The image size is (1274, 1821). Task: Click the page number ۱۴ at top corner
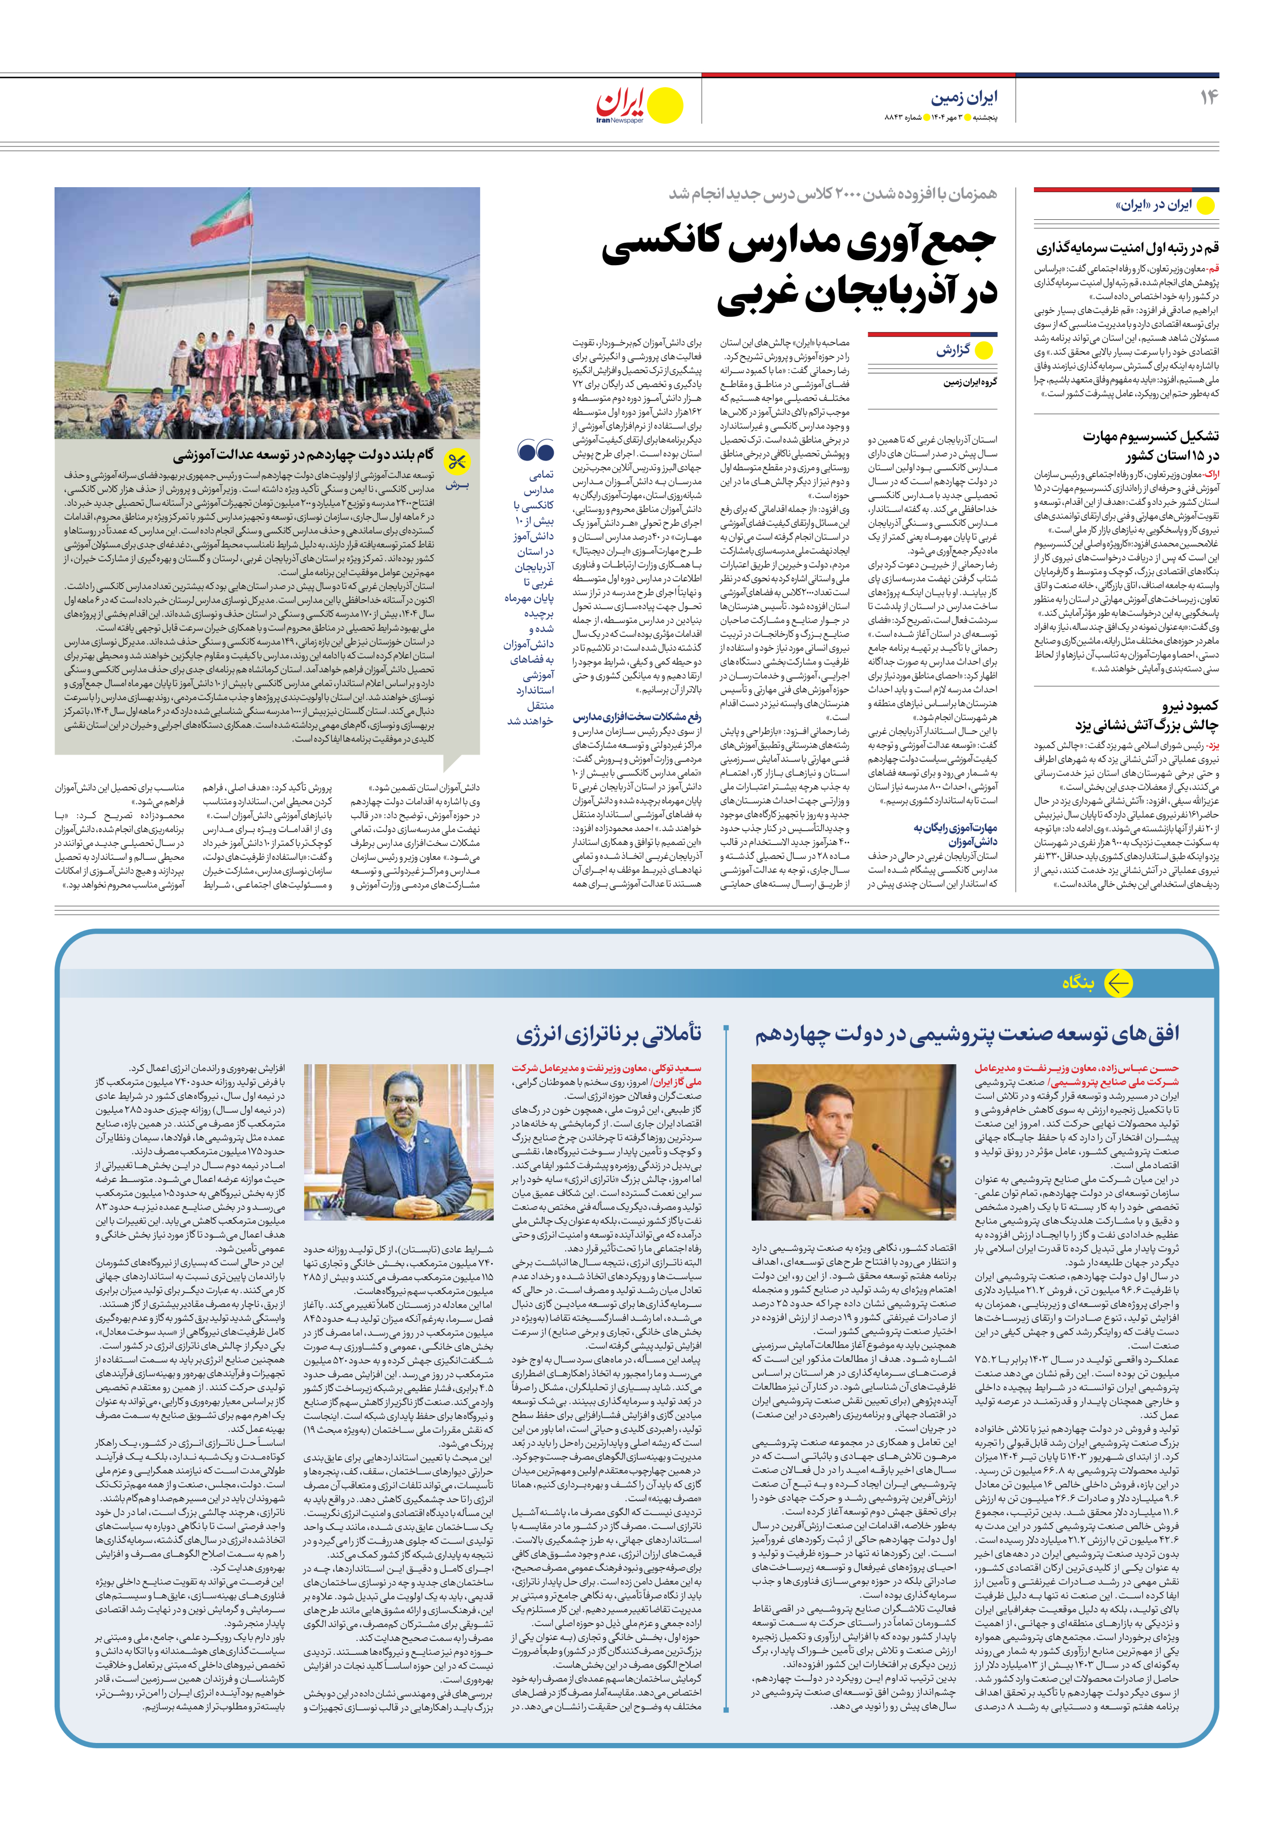click(1208, 97)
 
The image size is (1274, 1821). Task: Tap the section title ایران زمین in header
click(964, 97)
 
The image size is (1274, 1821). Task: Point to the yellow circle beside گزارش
click(984, 350)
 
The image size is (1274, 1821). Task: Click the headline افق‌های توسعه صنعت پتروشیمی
click(966, 1034)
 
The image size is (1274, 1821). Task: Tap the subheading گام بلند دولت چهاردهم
click(304, 455)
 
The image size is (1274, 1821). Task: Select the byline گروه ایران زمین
click(970, 381)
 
